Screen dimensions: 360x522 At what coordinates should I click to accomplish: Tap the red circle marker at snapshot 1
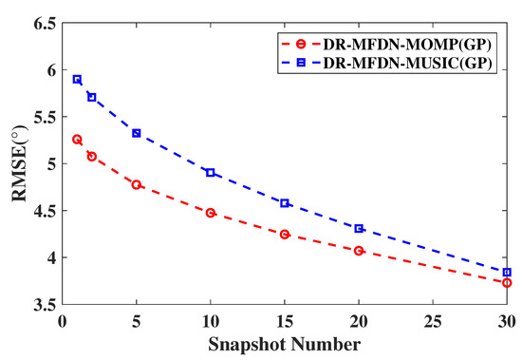tap(77, 140)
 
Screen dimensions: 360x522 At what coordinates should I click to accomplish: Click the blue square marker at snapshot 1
tap(77, 79)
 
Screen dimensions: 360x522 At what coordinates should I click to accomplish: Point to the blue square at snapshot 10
tap(211, 173)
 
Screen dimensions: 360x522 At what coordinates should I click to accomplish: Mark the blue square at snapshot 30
tap(507, 272)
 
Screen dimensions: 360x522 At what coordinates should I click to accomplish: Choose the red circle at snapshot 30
tap(507, 282)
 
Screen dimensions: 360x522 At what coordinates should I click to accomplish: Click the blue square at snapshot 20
tap(359, 228)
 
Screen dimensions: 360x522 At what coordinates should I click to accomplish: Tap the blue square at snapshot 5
tap(137, 133)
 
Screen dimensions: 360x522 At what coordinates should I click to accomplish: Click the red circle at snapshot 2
tap(92, 156)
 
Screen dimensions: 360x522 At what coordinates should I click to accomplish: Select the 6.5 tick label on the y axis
tap(43, 22)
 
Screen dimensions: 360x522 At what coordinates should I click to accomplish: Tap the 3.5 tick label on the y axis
tap(43, 305)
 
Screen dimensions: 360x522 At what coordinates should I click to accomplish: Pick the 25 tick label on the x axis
tap(433, 320)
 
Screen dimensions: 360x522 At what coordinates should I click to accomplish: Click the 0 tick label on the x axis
tap(63, 320)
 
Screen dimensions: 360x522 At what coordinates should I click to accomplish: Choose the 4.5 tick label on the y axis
tap(43, 211)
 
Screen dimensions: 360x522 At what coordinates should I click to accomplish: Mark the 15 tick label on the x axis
tap(285, 320)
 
